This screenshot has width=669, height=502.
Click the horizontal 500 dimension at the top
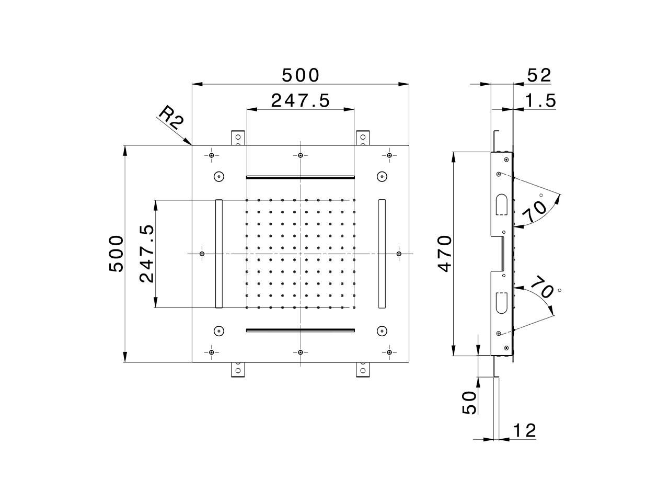tap(300, 76)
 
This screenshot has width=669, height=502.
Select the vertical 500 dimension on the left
tap(116, 254)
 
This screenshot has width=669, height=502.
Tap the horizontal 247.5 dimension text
tap(300, 100)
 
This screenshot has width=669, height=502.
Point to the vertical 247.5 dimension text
tap(147, 254)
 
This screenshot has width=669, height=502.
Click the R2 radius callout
tap(171, 119)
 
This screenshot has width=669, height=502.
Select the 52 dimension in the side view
tap(539, 76)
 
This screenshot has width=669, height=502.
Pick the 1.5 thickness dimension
tap(540, 100)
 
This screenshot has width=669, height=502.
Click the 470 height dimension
tap(444, 254)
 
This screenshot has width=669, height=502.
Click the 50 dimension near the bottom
tap(469, 402)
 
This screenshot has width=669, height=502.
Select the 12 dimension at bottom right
tap(524, 431)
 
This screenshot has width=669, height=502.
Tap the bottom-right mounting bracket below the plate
tap(362, 370)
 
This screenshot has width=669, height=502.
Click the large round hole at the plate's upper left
tap(218, 177)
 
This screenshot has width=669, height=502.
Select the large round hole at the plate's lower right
tap(382, 330)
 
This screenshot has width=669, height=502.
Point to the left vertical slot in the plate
tap(218, 254)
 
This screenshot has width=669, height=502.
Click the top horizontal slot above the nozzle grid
tap(300, 177)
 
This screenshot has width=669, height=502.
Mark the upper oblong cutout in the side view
tap(500, 204)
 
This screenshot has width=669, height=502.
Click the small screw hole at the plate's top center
tap(301, 155)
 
